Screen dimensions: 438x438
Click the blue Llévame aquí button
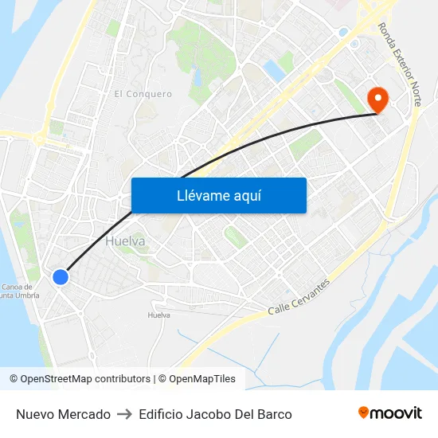218,195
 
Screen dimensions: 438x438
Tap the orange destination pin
377,100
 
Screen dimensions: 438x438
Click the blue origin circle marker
61,277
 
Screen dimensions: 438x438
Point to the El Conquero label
143,94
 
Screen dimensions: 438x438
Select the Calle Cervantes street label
299,296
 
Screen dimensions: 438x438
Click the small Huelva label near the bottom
159,315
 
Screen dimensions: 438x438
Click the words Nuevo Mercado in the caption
63,414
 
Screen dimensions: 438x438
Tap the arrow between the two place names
124,414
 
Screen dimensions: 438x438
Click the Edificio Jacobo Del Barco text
215,414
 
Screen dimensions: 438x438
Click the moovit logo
389,413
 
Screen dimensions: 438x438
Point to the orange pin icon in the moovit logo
364,413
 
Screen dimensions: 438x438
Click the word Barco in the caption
274,414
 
